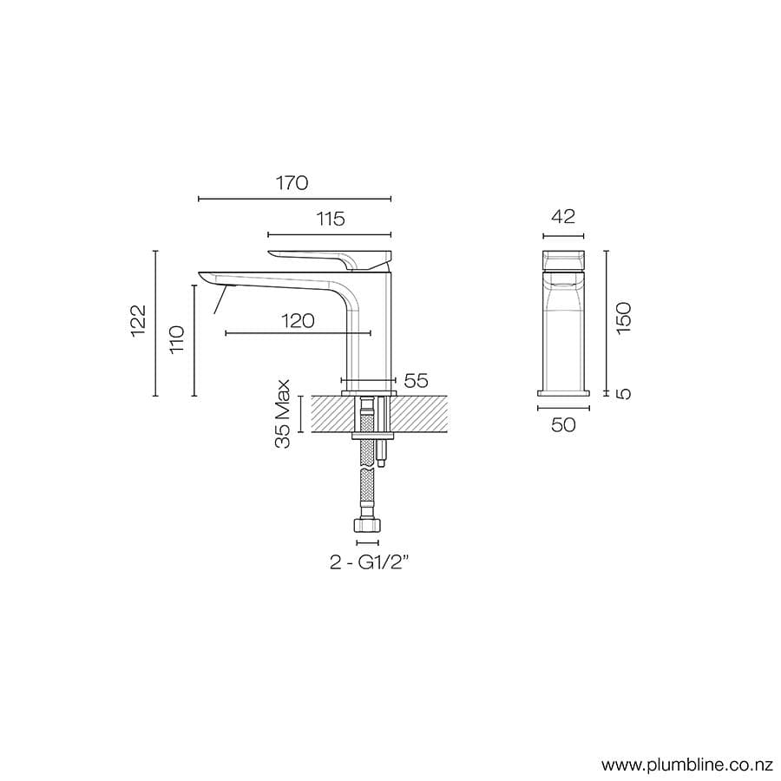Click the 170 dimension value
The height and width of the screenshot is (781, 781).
click(292, 183)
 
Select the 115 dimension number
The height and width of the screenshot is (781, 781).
click(329, 219)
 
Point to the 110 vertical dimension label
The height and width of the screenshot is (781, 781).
click(178, 339)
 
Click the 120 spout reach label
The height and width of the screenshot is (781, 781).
click(297, 320)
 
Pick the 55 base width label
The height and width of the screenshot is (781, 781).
click(417, 380)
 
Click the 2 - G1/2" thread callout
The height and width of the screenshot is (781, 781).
click(369, 562)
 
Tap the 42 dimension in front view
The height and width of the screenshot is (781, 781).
click(563, 217)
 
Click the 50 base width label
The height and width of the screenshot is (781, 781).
click(563, 424)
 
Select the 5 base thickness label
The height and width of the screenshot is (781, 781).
click(624, 393)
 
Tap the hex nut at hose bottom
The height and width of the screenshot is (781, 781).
click(367, 526)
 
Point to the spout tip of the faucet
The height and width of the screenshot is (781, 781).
click(208, 277)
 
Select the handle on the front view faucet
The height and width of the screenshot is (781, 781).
click(563, 259)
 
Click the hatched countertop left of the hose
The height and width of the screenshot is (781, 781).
click(325, 413)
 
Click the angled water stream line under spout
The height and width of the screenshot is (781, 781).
click(220, 299)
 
